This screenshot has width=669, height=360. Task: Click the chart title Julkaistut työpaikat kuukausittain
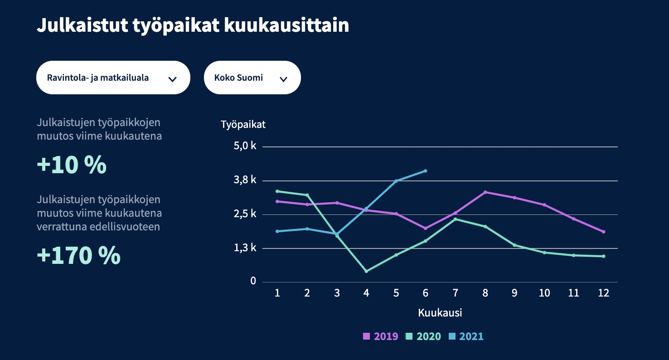click(x=193, y=25)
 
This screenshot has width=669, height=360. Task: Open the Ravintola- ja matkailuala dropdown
click(x=113, y=78)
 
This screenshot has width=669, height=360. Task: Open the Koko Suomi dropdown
click(x=252, y=78)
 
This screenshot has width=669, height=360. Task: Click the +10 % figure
click(x=72, y=165)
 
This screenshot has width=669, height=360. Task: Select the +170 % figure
click(x=78, y=256)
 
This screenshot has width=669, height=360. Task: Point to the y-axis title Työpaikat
click(x=243, y=125)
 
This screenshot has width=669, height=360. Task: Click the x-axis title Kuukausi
click(x=440, y=313)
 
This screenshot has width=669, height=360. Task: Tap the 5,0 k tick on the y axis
click(x=245, y=146)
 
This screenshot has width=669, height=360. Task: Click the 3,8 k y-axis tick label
click(x=245, y=180)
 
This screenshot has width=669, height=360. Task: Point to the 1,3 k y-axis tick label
click(x=245, y=248)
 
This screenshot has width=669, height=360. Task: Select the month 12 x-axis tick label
click(x=603, y=293)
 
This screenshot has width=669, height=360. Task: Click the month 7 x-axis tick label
click(x=455, y=293)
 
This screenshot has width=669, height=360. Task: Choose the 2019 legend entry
click(x=381, y=336)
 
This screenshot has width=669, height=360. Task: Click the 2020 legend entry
click(x=423, y=336)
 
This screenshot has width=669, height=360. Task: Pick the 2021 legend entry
click(x=466, y=336)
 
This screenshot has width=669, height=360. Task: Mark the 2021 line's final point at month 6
click(x=426, y=171)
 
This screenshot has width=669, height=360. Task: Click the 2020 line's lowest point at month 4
click(x=366, y=271)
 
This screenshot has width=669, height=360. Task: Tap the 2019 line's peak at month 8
click(x=485, y=192)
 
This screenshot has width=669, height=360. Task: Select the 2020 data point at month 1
click(x=277, y=191)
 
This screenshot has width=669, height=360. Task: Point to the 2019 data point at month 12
click(x=604, y=232)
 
